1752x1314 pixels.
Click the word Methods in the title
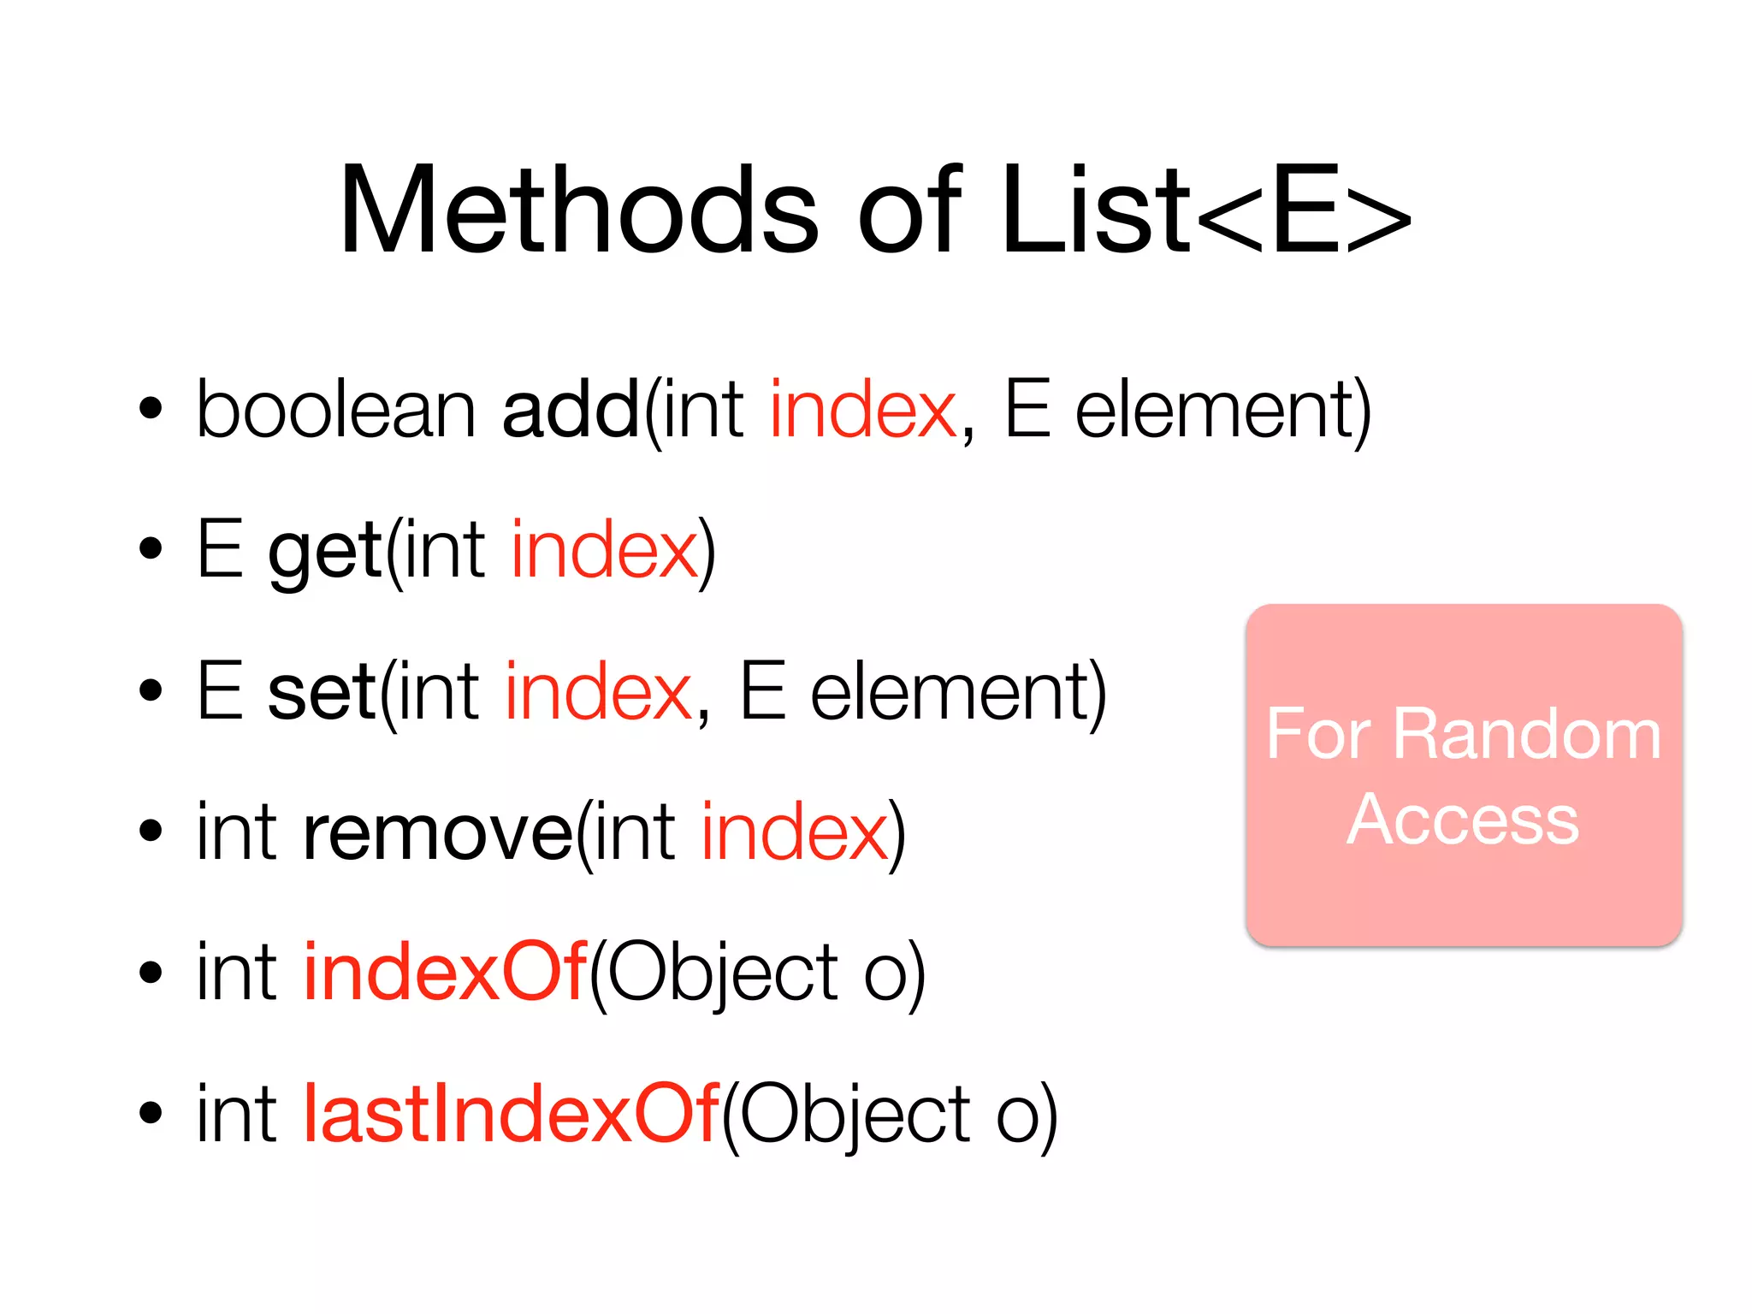click(578, 210)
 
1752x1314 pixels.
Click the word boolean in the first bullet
click(335, 410)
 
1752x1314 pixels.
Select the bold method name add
click(571, 410)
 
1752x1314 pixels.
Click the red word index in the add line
click(862, 410)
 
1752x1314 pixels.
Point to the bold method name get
click(325, 551)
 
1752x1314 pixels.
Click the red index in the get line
click(604, 551)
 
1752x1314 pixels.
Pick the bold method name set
click(322, 691)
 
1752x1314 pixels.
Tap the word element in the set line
click(951, 691)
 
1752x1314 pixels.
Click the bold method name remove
click(437, 832)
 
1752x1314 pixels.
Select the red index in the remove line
click(795, 832)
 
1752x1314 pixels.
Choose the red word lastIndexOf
click(512, 1113)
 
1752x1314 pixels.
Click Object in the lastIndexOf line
click(853, 1113)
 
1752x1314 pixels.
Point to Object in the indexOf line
click(722, 972)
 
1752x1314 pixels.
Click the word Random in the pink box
click(1527, 734)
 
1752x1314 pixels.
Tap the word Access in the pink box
click(1463, 820)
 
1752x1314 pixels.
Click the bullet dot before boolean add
click(151, 410)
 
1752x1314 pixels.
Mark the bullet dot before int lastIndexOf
click(151, 1113)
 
